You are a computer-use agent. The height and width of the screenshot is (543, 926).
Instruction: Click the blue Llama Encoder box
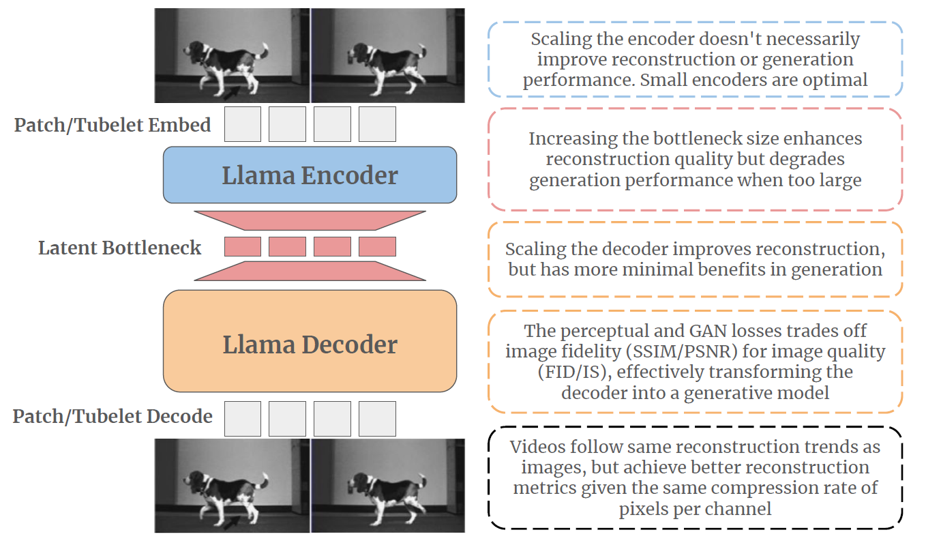[x=310, y=175]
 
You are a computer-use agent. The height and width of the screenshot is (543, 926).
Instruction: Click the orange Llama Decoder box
[x=310, y=341]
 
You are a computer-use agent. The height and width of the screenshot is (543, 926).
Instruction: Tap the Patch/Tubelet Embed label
[x=113, y=126]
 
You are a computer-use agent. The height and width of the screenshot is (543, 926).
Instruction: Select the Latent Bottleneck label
[x=119, y=248]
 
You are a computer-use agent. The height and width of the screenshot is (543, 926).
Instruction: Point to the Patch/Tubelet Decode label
[x=113, y=416]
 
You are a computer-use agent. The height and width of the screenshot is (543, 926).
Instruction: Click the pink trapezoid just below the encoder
[x=310, y=220]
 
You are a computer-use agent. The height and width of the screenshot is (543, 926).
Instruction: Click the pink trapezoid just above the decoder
[x=310, y=271]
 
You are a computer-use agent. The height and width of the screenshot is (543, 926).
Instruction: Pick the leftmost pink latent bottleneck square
[x=243, y=246]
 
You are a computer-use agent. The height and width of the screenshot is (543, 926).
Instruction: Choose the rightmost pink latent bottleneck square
[x=377, y=246]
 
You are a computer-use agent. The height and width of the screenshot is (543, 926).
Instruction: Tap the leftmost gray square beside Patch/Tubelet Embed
[x=243, y=124]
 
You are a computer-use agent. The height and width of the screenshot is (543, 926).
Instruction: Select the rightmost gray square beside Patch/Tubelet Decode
[x=377, y=419]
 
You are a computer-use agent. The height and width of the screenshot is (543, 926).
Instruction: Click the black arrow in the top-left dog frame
[x=232, y=93]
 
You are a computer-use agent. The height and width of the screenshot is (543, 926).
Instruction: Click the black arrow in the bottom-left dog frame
[x=232, y=523]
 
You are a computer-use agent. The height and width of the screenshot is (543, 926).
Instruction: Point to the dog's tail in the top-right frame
[x=421, y=52]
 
